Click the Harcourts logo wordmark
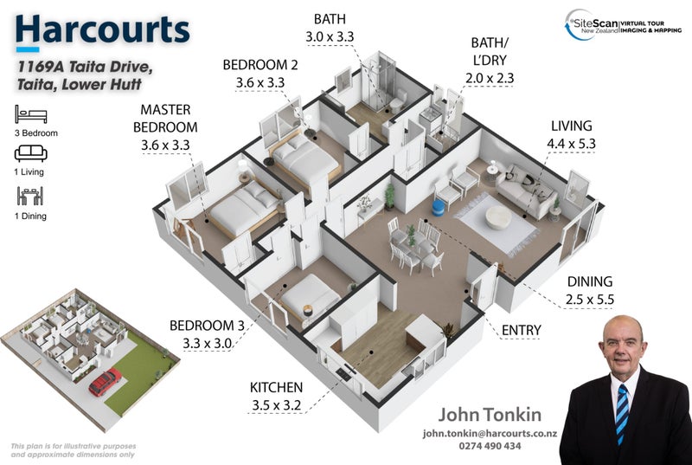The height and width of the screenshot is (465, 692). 102,29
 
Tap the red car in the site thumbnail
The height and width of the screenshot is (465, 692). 105,382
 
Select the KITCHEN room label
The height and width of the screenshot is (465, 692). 276,387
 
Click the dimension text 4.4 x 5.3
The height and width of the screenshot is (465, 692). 571,144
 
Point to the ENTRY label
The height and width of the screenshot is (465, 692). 522,330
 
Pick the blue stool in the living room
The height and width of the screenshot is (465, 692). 438,209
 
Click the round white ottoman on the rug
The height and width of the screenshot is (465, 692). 499,217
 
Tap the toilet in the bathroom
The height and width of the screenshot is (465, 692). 398,102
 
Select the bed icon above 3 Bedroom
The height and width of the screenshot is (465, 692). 31,114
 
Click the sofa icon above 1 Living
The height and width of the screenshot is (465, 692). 31,153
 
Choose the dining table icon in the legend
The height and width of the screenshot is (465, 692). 30,196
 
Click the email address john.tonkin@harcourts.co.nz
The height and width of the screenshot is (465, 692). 490,434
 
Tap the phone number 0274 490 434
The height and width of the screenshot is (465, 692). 490,446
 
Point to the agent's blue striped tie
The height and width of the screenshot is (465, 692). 622,413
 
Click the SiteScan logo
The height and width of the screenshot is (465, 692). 623,25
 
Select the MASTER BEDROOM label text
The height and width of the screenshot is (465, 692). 165,119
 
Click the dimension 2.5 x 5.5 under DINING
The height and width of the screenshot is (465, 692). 590,300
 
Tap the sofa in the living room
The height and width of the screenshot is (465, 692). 526,191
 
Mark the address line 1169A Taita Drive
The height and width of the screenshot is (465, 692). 85,68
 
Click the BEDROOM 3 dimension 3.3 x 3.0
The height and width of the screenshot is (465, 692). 207,343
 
